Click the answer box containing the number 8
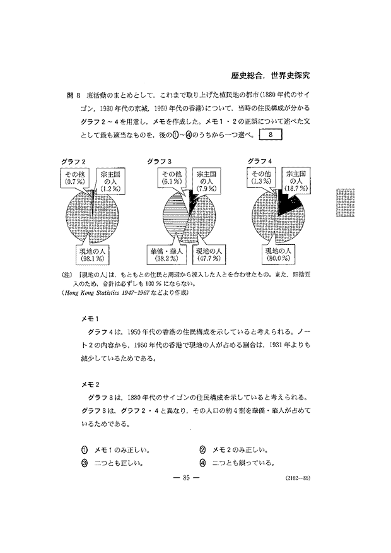[270, 134]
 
